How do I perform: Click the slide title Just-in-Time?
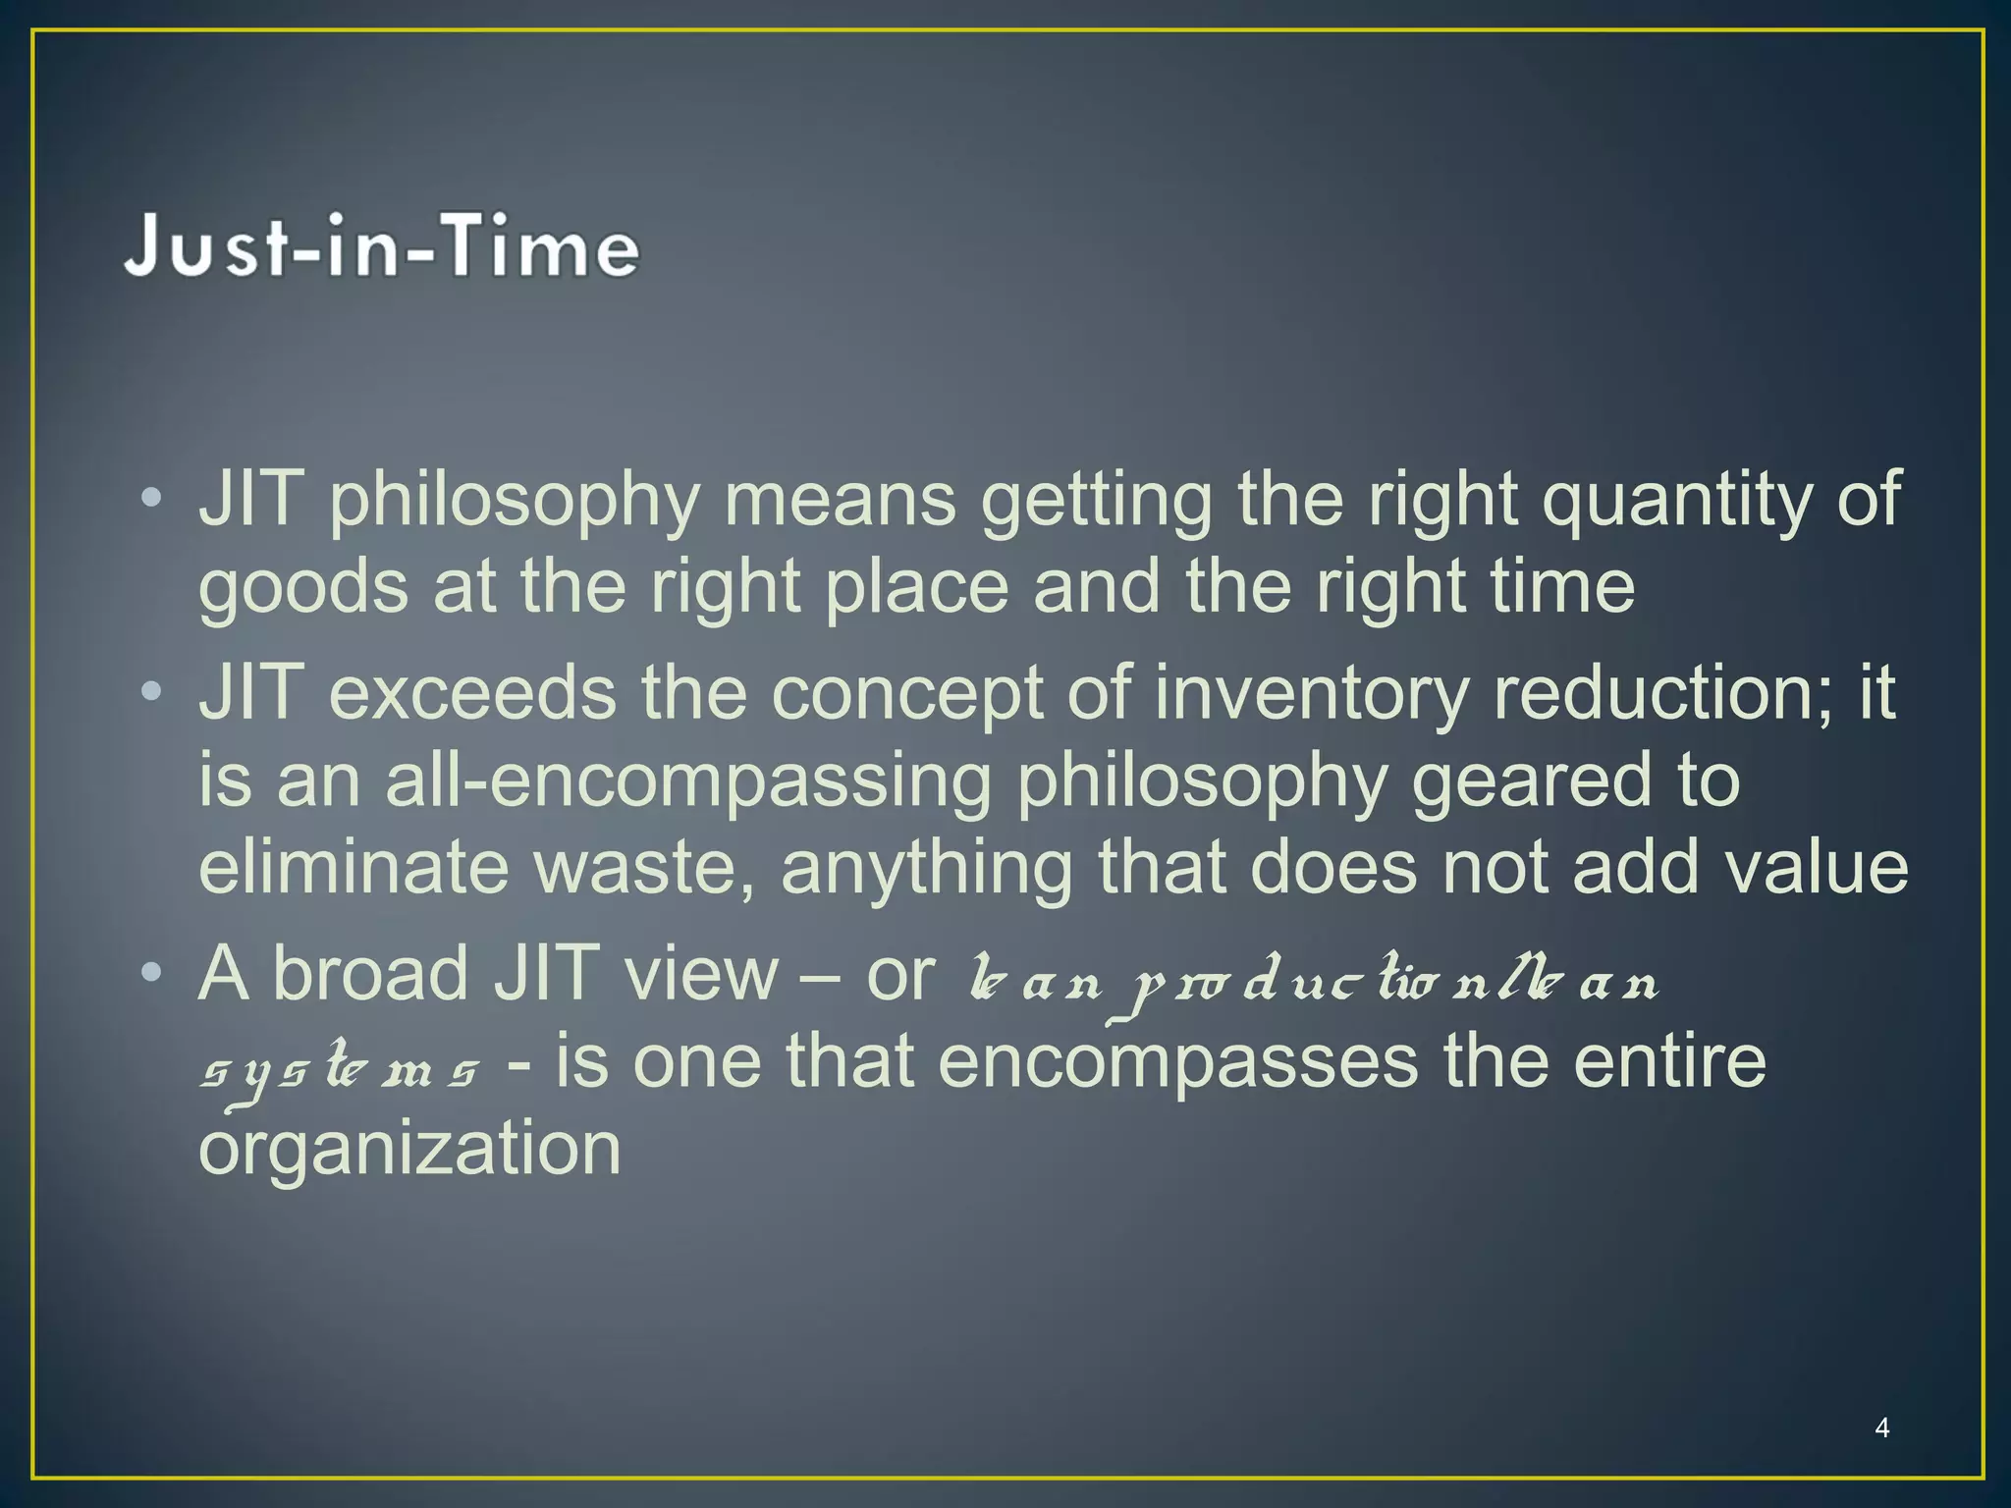tap(382, 246)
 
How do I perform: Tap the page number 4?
tap(1881, 1427)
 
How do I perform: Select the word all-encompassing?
tap(687, 782)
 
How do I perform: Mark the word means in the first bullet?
tap(840, 500)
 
